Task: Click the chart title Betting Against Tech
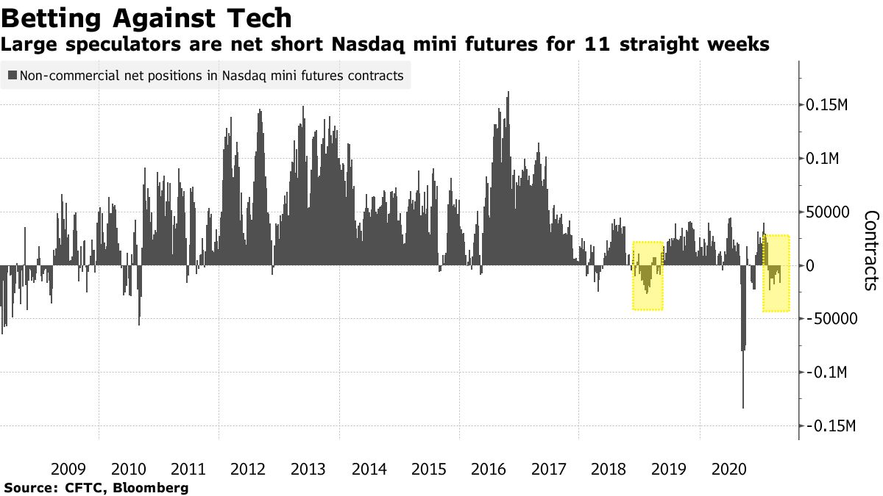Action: pyautogui.click(x=147, y=17)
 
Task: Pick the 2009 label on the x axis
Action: pyautogui.click(x=68, y=468)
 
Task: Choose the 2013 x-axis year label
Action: pyautogui.click(x=309, y=468)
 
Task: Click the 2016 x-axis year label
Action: pyautogui.click(x=489, y=468)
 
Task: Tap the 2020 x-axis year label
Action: pyautogui.click(x=730, y=468)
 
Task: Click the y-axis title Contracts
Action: pyautogui.click(x=870, y=250)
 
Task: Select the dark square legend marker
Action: pyautogui.click(x=13, y=76)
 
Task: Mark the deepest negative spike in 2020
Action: pyautogui.click(x=743, y=406)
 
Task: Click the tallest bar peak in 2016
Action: pyautogui.click(x=508, y=93)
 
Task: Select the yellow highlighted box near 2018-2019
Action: pyautogui.click(x=648, y=276)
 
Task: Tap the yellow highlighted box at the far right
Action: pyautogui.click(x=776, y=273)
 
